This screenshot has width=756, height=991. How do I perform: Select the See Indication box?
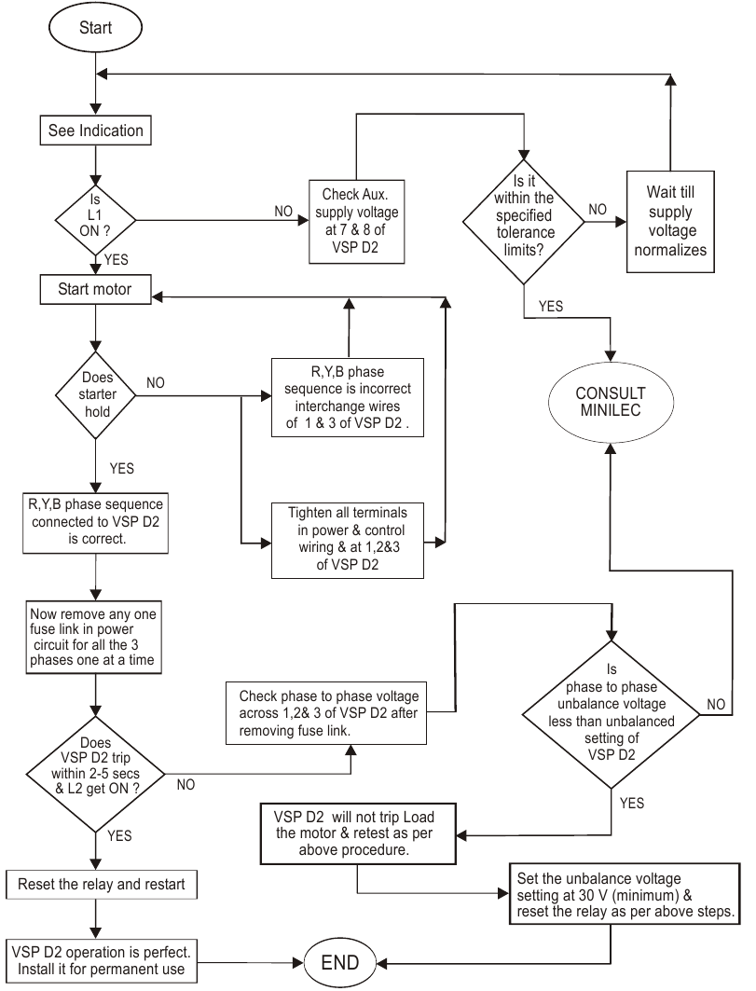click(x=96, y=131)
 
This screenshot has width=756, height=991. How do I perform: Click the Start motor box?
click(x=96, y=289)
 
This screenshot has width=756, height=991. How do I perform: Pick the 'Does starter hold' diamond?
click(x=96, y=396)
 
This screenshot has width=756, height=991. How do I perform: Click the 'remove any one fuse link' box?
click(x=95, y=636)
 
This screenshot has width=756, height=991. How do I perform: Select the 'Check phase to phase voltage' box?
click(x=340, y=714)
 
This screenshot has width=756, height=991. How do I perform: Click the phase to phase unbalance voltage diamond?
click(x=612, y=714)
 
